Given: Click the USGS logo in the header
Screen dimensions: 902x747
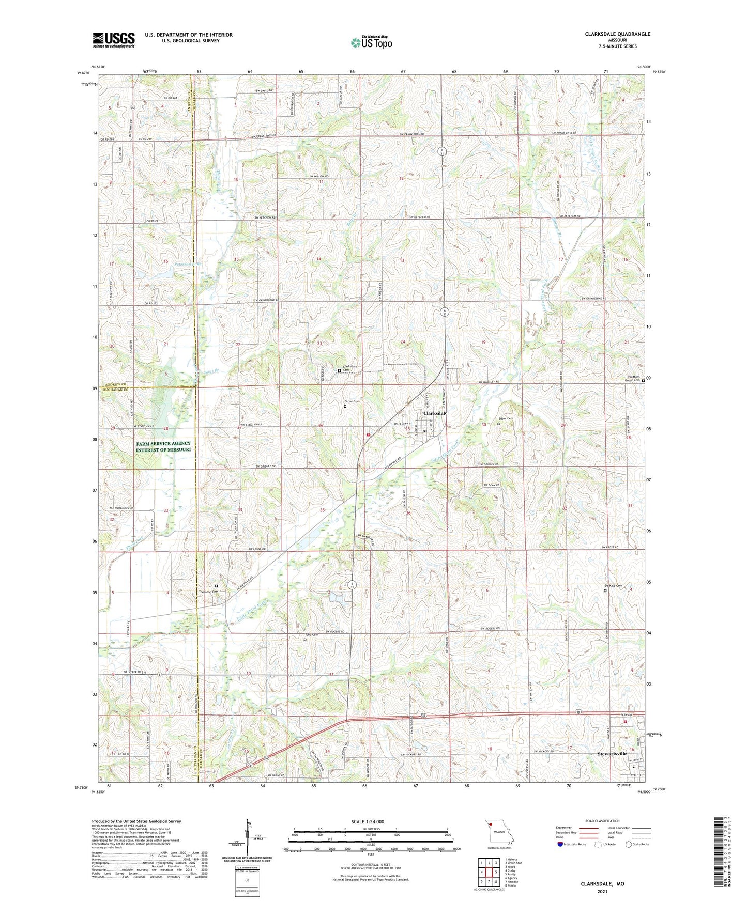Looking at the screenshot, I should (114, 40).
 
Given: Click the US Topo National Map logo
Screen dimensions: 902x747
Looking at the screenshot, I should (371, 42).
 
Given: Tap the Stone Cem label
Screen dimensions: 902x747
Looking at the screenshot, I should (352, 401).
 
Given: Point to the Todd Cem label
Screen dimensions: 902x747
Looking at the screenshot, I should (311, 634).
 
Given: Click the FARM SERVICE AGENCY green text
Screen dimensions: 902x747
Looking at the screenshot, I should (163, 443).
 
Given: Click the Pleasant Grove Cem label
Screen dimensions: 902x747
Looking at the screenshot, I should (634, 378).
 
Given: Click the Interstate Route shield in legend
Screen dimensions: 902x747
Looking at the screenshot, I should (560, 844).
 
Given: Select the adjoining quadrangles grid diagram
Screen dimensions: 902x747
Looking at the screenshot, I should (489, 873).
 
